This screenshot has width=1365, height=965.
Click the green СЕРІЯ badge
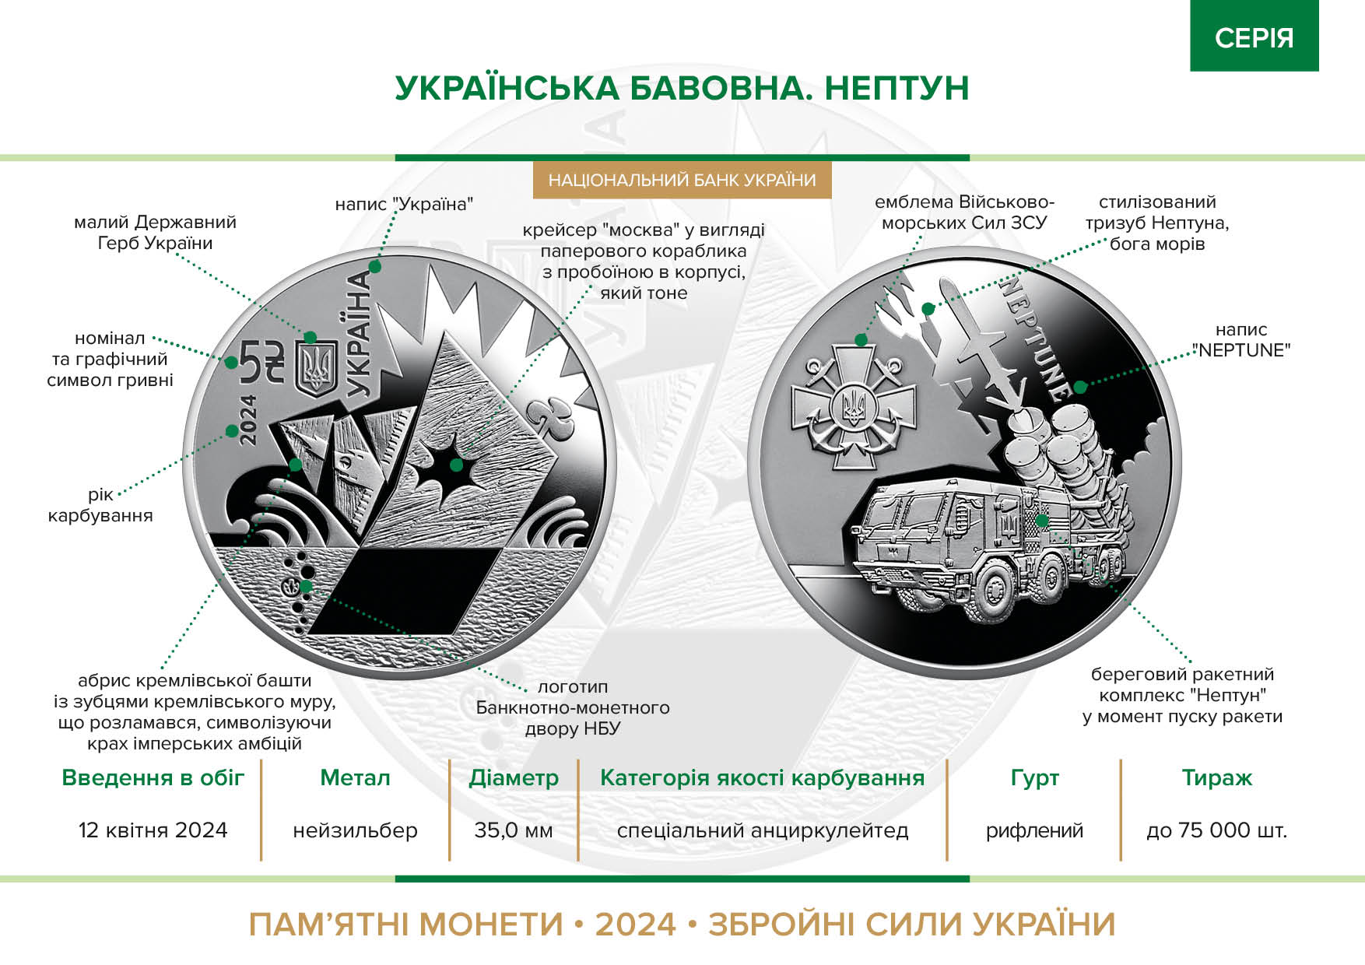click(1254, 36)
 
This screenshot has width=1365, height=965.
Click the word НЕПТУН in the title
click(897, 88)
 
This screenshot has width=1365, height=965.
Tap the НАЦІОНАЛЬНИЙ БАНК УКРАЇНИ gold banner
click(682, 181)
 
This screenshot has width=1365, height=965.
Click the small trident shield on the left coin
click(317, 368)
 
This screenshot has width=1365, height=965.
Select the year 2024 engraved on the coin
click(247, 419)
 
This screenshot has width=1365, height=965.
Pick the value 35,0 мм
click(514, 830)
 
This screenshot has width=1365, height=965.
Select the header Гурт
click(1034, 777)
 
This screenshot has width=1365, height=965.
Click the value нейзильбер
click(355, 831)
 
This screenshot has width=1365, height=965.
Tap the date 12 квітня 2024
click(153, 830)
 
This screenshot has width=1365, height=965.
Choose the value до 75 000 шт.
click(1216, 830)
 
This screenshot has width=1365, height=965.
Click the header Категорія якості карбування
click(762, 778)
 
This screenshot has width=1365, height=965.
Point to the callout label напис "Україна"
click(404, 205)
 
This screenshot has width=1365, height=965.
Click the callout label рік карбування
click(100, 505)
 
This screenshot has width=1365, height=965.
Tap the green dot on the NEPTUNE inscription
click(1080, 387)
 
